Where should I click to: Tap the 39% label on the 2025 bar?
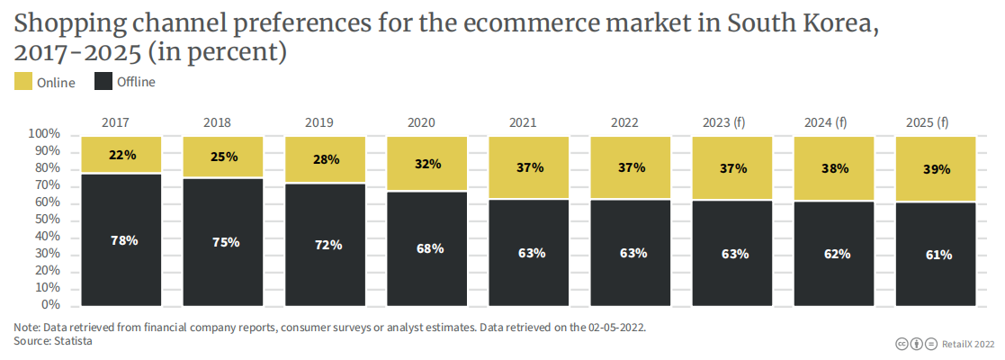coord(938,169)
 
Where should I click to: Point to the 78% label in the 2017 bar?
coord(122,240)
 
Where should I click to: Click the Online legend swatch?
coord(22,83)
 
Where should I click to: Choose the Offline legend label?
coord(136,83)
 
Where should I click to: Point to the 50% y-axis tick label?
coord(47,220)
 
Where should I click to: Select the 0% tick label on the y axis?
coord(50,305)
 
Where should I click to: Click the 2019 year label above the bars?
coord(319,121)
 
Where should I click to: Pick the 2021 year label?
coord(524,121)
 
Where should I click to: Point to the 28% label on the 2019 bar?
coord(326,159)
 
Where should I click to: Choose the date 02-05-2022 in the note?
coord(615,328)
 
